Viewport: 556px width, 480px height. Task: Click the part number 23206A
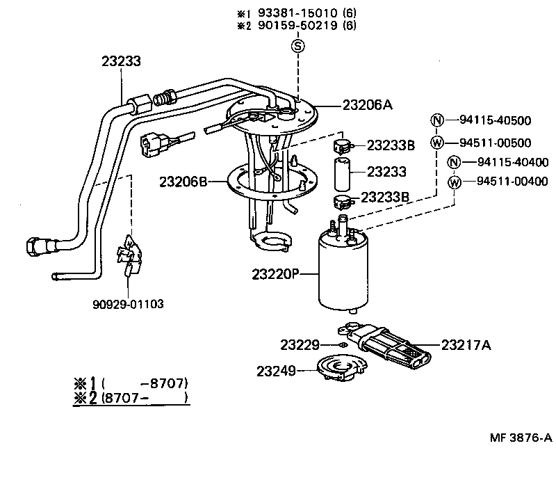tap(367, 105)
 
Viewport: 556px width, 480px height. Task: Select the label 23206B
tap(183, 182)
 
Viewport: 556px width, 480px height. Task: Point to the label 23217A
tap(466, 344)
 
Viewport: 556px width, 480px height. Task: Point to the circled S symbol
tap(297, 47)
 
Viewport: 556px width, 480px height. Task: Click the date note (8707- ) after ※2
tap(145, 399)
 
